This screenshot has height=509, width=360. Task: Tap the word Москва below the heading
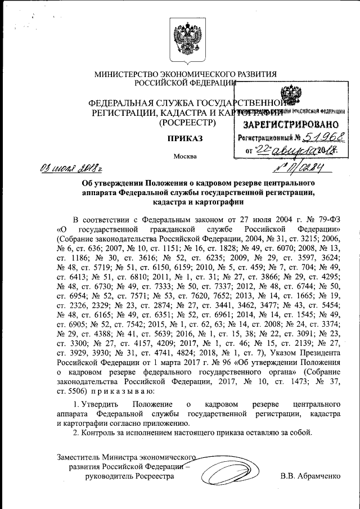[185, 156]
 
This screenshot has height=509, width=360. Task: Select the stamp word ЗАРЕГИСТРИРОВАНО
[291, 124]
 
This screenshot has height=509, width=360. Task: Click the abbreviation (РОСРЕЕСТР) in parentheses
[186, 121]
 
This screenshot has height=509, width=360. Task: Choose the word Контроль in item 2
[101, 433]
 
